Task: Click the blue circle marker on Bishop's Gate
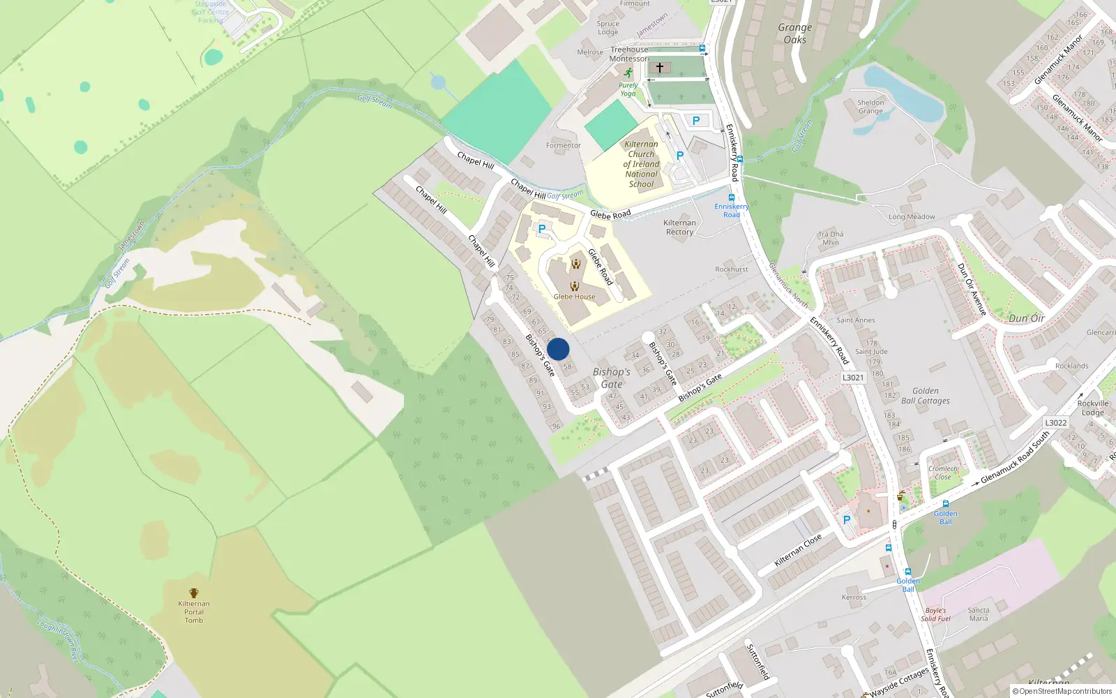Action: tap(558, 349)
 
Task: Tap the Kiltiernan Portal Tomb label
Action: tap(194, 612)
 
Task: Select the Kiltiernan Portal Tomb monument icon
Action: tap(194, 593)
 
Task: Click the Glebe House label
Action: tap(574, 297)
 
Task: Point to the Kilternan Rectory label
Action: tap(679, 228)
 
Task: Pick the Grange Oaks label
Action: tap(795, 34)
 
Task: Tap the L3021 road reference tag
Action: tap(853, 378)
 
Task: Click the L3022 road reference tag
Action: tap(1055, 423)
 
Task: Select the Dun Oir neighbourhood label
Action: tap(1027, 318)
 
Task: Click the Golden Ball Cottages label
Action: tap(926, 396)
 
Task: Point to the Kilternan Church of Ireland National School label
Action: tap(641, 165)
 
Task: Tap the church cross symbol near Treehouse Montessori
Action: tap(660, 68)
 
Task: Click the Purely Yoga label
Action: tap(628, 89)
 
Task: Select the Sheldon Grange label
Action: tap(870, 107)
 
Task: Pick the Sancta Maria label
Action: tap(979, 614)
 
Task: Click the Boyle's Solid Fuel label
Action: tap(935, 614)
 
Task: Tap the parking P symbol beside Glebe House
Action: tap(542, 229)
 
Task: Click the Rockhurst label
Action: tap(731, 269)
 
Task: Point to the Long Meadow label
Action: tap(912, 217)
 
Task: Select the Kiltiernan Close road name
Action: tap(798, 551)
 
